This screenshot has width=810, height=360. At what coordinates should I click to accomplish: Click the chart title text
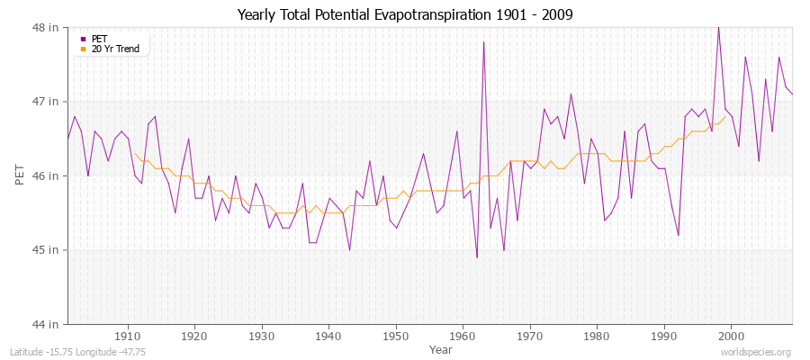[404, 14]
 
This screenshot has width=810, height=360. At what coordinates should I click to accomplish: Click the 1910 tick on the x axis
[128, 336]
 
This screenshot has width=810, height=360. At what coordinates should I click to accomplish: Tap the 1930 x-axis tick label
[262, 336]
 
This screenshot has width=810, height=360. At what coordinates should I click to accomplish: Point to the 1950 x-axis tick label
[396, 336]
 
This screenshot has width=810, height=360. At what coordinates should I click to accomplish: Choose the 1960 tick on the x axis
[463, 336]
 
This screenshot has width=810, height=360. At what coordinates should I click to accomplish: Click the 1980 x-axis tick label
[598, 336]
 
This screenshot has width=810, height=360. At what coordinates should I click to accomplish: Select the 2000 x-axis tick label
[732, 336]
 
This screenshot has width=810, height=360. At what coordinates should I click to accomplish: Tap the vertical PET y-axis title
[19, 175]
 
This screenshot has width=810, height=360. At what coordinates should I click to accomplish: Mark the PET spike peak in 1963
[483, 42]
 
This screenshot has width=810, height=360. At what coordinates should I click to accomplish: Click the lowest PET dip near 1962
[477, 257]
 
